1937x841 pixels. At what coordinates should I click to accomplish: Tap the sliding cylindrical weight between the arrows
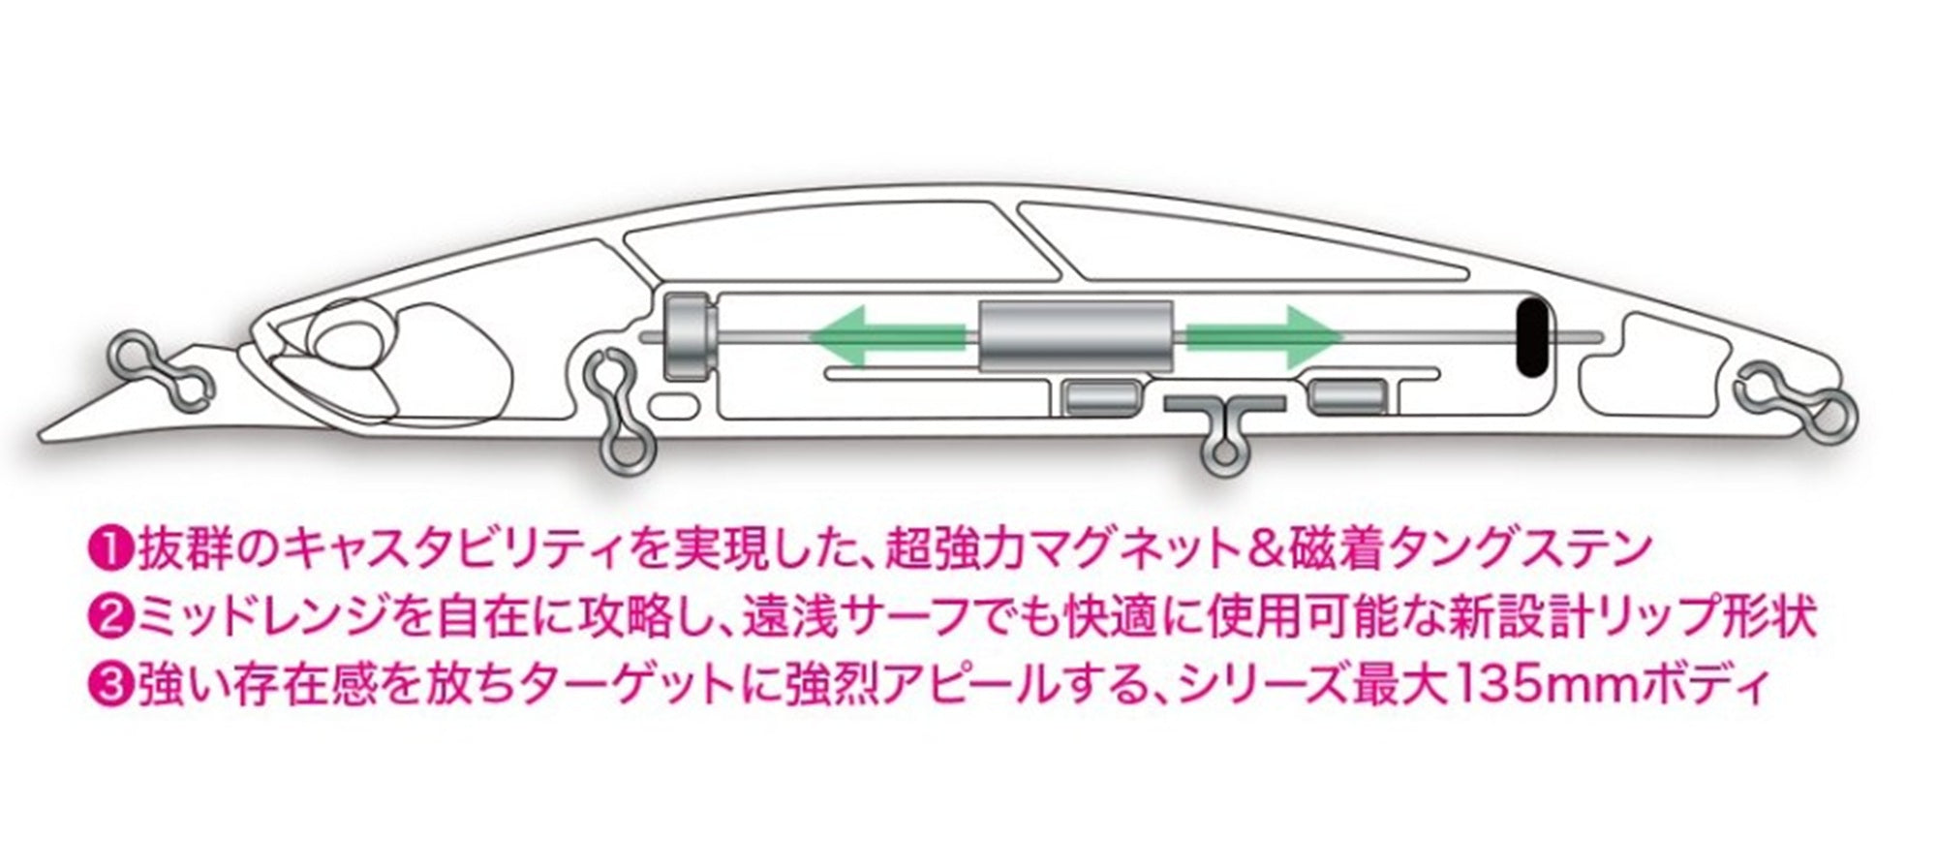point(1077,336)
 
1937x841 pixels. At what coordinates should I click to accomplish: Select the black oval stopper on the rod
point(1530,337)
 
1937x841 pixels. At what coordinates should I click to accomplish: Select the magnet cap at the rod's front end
point(689,335)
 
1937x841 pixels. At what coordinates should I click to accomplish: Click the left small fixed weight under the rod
point(1102,396)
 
